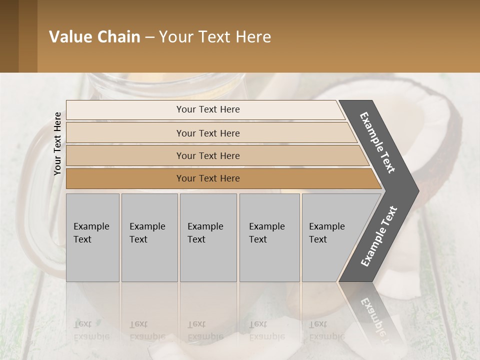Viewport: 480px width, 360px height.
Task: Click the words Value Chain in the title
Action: click(x=94, y=37)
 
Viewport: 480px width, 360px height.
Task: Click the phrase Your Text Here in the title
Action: click(x=215, y=37)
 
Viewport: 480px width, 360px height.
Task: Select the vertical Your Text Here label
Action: click(x=57, y=144)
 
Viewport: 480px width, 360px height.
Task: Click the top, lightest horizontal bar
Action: click(x=207, y=109)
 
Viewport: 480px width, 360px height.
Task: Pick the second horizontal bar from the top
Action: click(x=207, y=133)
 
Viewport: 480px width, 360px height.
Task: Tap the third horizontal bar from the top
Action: click(x=207, y=155)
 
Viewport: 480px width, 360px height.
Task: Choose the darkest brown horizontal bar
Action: click(x=207, y=178)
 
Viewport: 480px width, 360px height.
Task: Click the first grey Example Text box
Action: click(x=92, y=237)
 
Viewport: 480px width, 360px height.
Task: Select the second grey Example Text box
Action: click(x=149, y=237)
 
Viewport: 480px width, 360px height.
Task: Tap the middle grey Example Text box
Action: click(x=208, y=237)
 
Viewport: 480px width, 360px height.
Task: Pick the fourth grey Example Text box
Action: click(x=269, y=237)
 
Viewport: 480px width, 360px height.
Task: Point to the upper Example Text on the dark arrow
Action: click(x=377, y=142)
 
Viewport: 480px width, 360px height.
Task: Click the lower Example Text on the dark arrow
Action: click(x=379, y=236)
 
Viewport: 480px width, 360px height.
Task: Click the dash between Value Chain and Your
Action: click(x=149, y=37)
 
